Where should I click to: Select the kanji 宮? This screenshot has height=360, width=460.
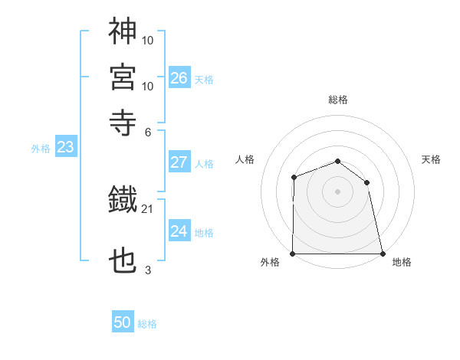pyautogui.click(x=123, y=77)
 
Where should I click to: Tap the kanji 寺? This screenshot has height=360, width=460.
pyautogui.click(x=123, y=122)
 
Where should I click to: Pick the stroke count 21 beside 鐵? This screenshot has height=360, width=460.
pyautogui.click(x=147, y=209)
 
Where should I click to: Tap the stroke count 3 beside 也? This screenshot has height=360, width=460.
pyautogui.click(x=147, y=270)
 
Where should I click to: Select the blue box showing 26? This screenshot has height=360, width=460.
pyautogui.click(x=179, y=77)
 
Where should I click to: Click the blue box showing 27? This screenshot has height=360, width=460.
pyautogui.click(x=179, y=162)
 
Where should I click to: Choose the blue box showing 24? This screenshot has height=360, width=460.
pyautogui.click(x=179, y=231)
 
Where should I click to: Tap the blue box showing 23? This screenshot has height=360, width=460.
pyautogui.click(x=65, y=147)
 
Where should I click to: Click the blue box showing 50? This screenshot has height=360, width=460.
pyautogui.click(x=123, y=322)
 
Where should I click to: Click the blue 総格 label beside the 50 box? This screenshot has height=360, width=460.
pyautogui.click(x=147, y=324)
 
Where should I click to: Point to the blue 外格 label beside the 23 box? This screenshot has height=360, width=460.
pyautogui.click(x=41, y=149)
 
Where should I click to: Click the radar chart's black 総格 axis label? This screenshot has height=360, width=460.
pyautogui.click(x=337, y=100)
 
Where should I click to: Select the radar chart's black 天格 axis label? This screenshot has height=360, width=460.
pyautogui.click(x=431, y=159)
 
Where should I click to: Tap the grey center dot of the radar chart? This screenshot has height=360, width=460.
pyautogui.click(x=337, y=191)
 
